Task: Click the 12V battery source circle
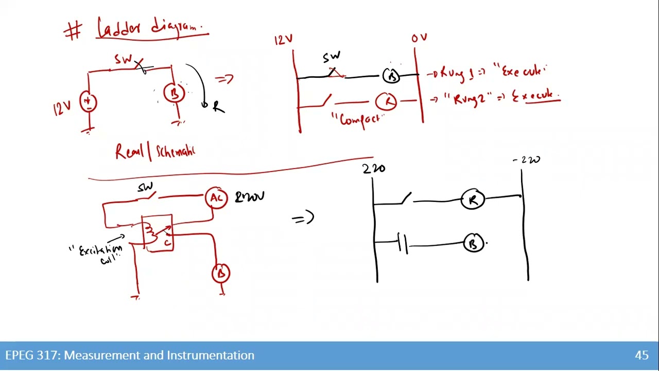click(88, 102)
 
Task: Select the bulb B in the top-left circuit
click(174, 93)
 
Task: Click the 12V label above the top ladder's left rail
click(283, 40)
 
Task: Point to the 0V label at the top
click(419, 38)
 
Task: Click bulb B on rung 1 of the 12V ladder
click(391, 76)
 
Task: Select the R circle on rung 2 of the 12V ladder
click(387, 102)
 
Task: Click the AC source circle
click(216, 198)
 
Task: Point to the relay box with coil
click(158, 233)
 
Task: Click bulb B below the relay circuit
click(221, 273)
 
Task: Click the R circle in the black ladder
click(473, 199)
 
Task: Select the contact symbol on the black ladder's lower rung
click(403, 243)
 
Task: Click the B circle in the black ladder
click(473, 243)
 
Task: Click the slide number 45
click(641, 355)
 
